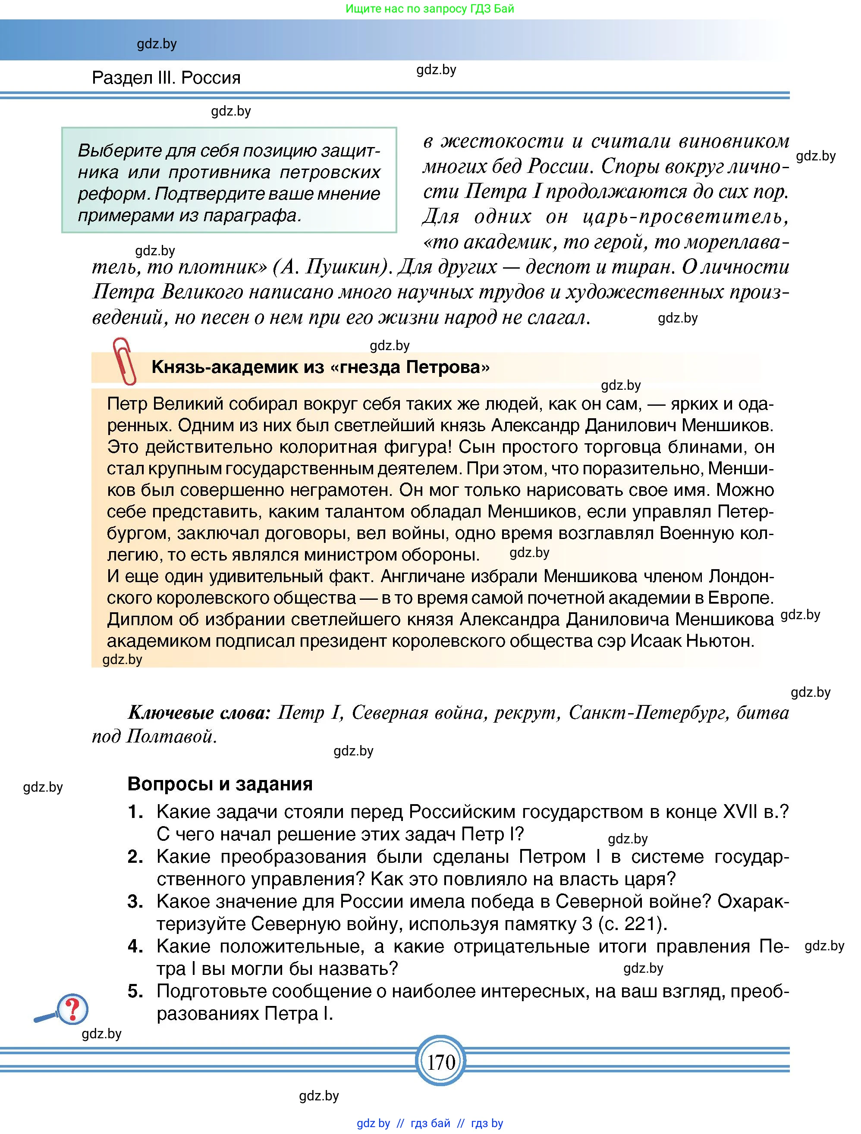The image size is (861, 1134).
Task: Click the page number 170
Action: (441, 1062)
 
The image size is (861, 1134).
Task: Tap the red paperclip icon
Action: (124, 361)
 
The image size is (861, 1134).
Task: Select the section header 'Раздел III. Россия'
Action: (166, 78)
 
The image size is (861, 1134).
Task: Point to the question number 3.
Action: (135, 902)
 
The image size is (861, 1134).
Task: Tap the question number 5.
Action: (135, 991)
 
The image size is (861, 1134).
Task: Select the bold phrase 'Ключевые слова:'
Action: (199, 713)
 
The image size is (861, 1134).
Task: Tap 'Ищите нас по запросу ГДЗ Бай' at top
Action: (430, 9)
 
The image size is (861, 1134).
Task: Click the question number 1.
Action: (135, 812)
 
